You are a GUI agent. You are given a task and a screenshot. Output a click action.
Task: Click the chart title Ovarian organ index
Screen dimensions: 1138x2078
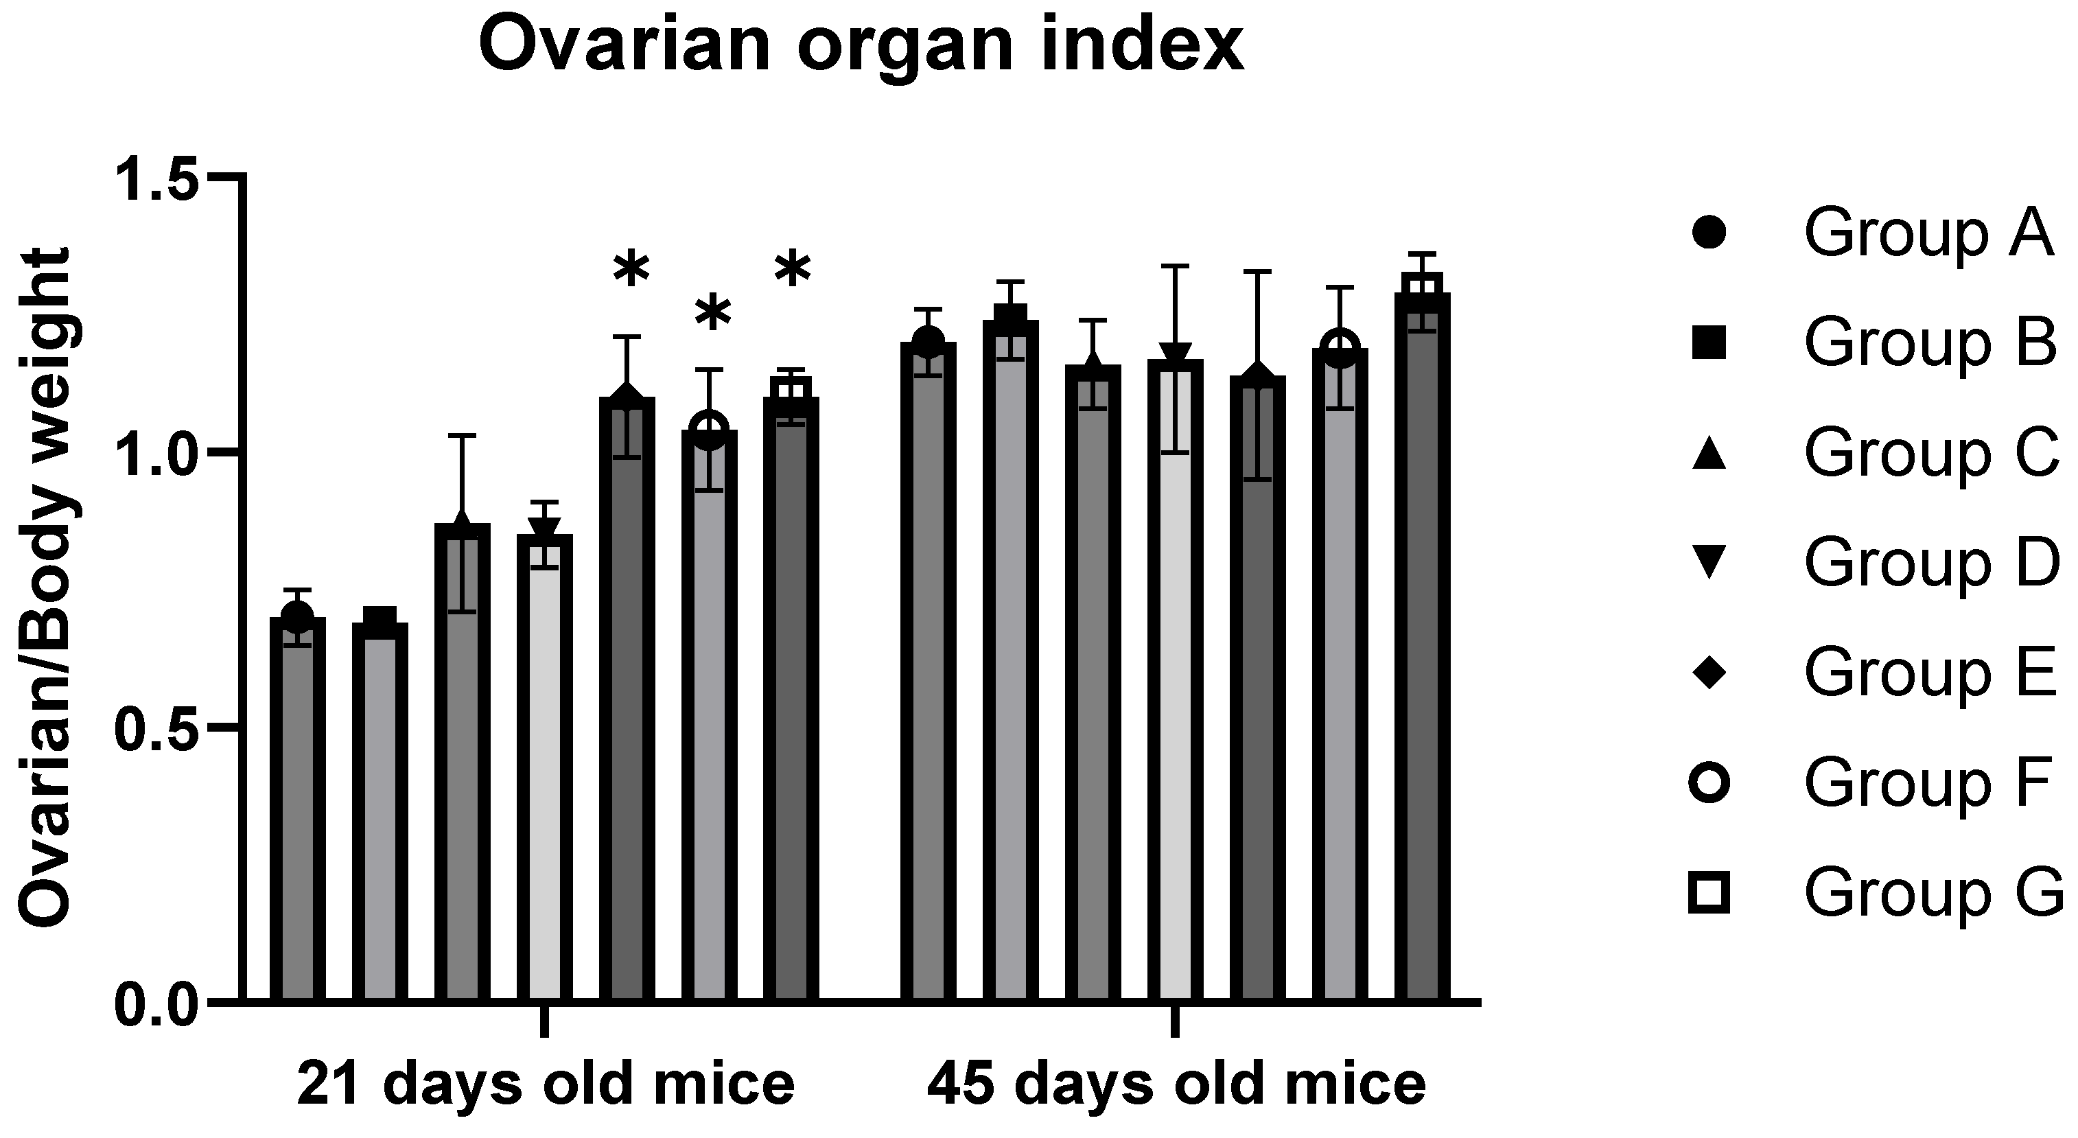point(861,46)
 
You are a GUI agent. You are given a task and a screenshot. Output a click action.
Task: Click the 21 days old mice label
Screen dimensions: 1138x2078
point(546,1084)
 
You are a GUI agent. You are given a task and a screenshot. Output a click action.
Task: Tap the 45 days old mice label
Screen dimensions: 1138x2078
point(1176,1084)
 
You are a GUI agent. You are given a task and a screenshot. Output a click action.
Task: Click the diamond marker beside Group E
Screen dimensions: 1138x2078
point(1709,673)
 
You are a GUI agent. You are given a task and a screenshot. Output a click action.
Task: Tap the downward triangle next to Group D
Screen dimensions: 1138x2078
point(1709,562)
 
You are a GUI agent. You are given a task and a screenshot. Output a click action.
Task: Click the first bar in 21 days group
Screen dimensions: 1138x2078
point(298,806)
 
